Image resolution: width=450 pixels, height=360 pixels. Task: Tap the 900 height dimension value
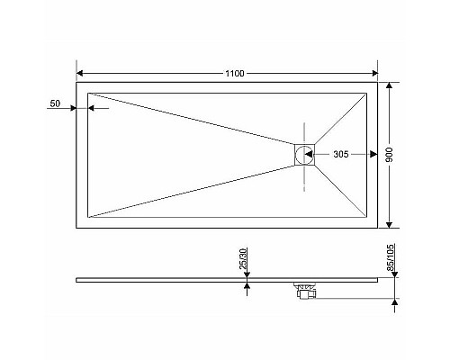pyautogui.click(x=403, y=155)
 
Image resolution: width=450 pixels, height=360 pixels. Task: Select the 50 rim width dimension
pyautogui.click(x=55, y=105)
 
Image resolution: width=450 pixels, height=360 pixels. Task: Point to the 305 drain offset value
pyautogui.click(x=341, y=155)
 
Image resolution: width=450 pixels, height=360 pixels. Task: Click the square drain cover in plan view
pyautogui.click(x=304, y=155)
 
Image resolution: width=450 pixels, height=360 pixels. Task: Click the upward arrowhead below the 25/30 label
pyautogui.click(x=244, y=285)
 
